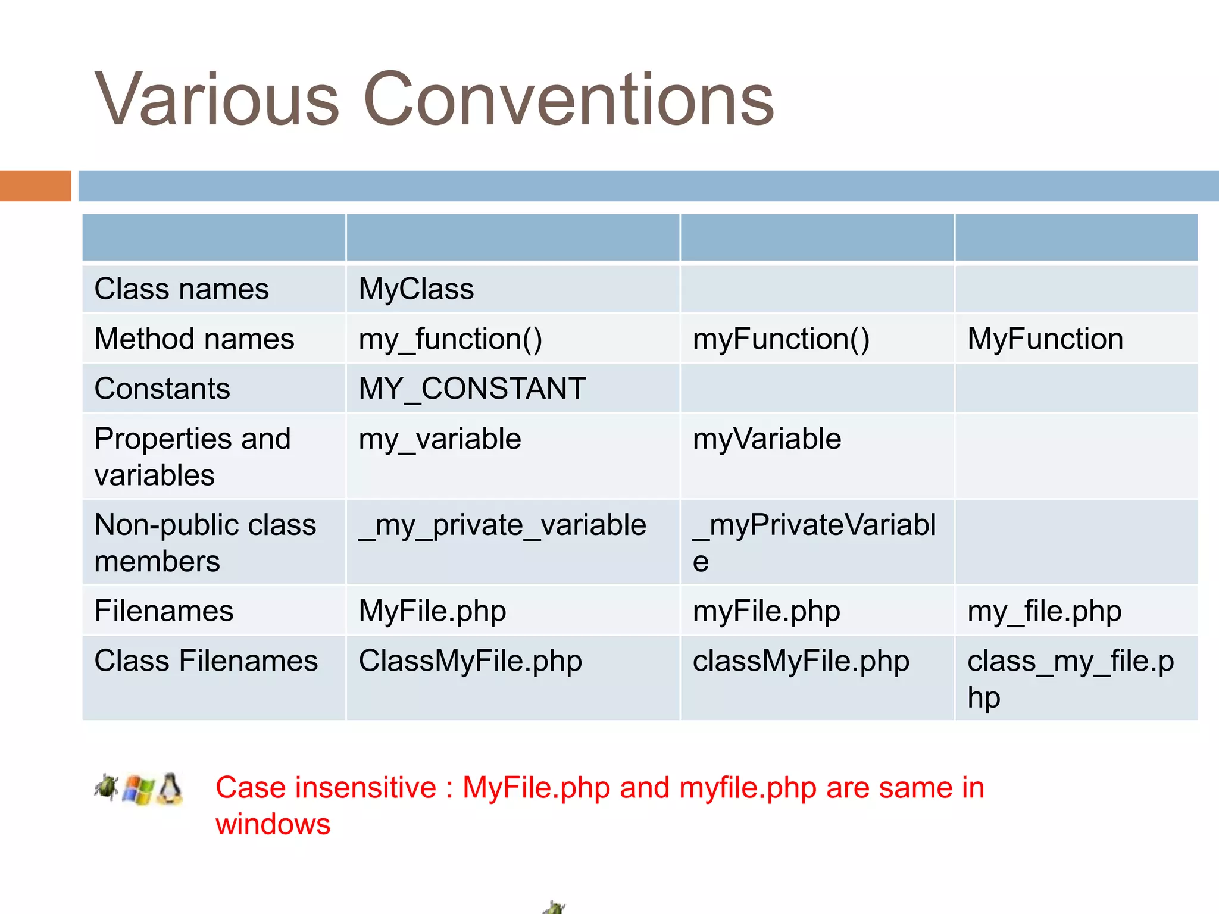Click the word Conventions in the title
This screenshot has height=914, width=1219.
(568, 100)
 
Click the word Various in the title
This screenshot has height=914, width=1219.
(217, 100)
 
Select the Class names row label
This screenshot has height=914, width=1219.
(182, 289)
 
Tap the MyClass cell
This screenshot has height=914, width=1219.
(416, 289)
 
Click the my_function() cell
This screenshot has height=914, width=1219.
(450, 339)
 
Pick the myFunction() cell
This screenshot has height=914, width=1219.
(781, 339)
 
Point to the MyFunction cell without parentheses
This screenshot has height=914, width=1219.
(1045, 339)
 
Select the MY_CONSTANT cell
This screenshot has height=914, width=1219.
(472, 389)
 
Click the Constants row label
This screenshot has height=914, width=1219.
(162, 389)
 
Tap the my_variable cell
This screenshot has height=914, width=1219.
(440, 439)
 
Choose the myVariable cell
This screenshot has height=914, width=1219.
(767, 439)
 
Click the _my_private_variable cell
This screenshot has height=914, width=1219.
(502, 525)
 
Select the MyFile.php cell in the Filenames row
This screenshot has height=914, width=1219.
(432, 611)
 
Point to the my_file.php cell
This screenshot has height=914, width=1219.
(1044, 611)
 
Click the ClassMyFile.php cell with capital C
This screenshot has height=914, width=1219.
(470, 661)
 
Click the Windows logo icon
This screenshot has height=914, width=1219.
(138, 790)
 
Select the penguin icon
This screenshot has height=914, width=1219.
(170, 789)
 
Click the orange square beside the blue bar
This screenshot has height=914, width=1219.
(35, 186)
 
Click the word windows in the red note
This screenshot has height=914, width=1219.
(273, 824)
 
